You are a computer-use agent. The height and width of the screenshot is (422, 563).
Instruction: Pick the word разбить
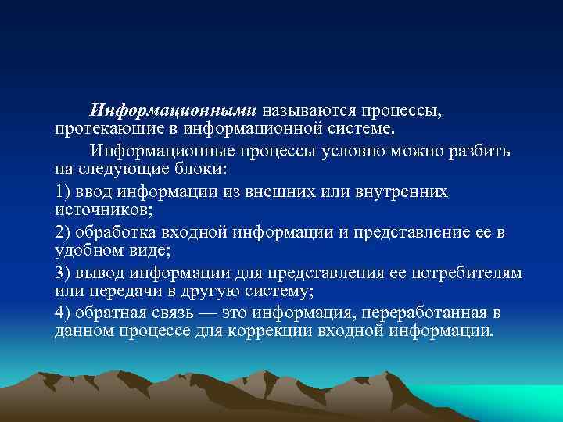click(x=479, y=150)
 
